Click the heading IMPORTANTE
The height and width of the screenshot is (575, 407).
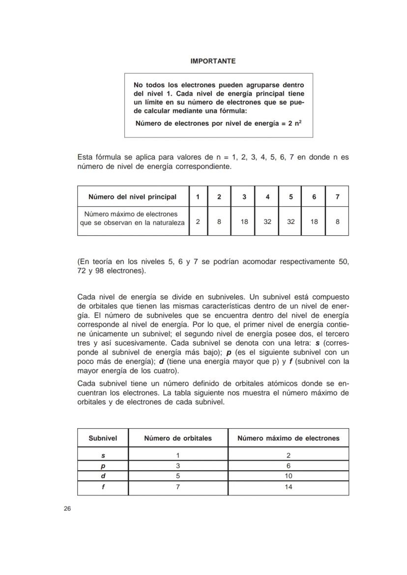(213, 61)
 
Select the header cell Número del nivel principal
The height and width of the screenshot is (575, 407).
(132, 197)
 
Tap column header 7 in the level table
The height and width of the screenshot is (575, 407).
(337, 197)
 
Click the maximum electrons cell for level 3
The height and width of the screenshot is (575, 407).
(244, 221)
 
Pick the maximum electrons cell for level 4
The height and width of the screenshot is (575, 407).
(267, 221)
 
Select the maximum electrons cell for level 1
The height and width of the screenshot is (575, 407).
(198, 221)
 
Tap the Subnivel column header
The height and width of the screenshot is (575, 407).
(103, 438)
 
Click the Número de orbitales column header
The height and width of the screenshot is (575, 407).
(178, 438)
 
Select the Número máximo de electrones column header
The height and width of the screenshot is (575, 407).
(288, 438)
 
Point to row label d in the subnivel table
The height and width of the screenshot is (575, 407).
(103, 476)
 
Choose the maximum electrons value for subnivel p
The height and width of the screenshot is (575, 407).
(288, 465)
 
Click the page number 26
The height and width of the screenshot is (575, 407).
(67, 509)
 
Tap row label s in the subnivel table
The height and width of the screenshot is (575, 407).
(103, 455)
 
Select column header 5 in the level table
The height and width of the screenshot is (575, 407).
(291, 197)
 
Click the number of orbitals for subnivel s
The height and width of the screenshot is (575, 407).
(178, 455)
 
